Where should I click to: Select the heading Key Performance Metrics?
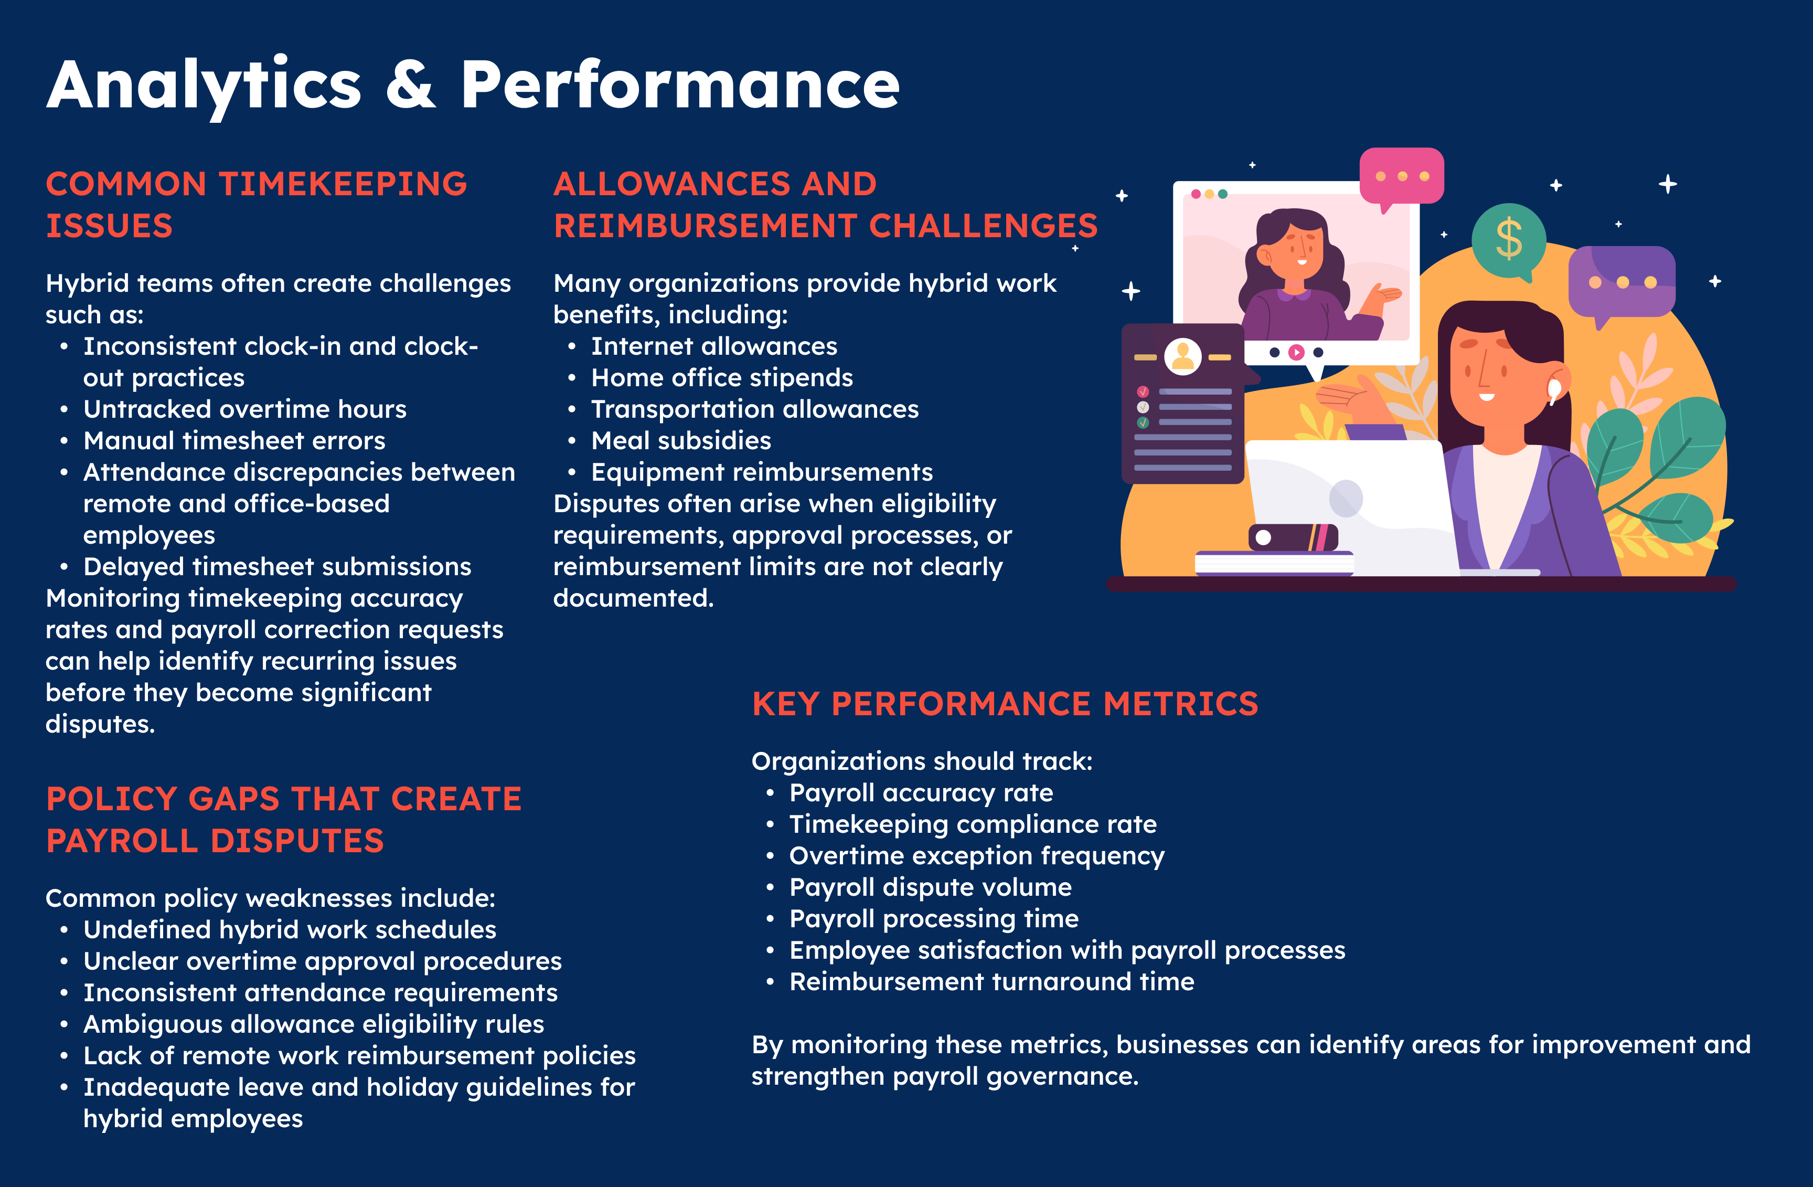point(1005,703)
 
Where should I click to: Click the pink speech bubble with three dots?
point(1402,177)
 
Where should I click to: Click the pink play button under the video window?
point(1296,352)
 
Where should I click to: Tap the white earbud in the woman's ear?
point(1554,390)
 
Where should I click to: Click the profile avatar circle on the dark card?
point(1183,356)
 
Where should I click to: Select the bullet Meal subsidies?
point(681,440)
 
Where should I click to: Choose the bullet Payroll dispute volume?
point(930,887)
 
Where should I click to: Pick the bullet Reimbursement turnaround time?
point(992,981)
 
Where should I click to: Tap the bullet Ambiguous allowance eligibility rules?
point(314,1024)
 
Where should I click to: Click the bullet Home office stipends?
point(722,377)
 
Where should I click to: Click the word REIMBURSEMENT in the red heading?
point(706,226)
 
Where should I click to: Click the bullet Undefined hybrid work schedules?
point(290,929)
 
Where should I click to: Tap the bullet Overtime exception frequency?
point(977,855)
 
